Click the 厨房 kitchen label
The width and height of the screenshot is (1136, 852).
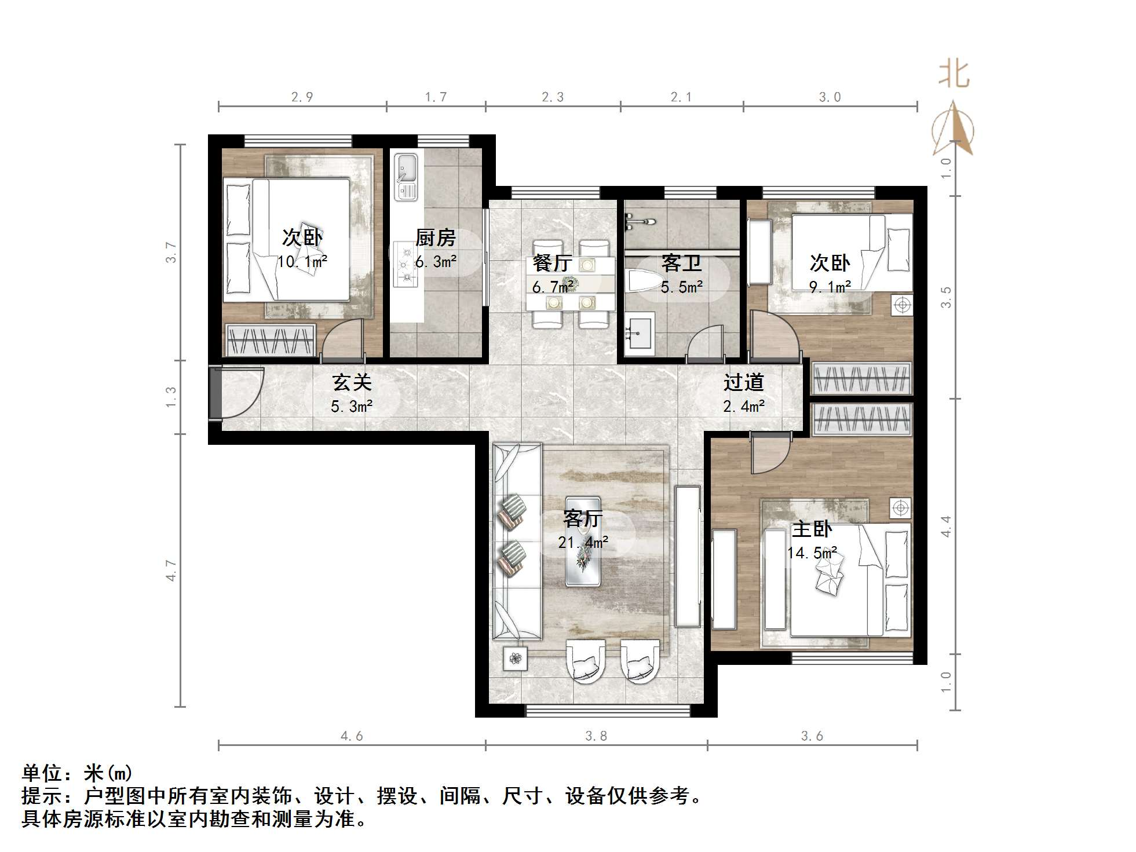(435, 237)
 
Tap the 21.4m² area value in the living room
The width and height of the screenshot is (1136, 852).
(583, 543)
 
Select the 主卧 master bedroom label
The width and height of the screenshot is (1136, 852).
(812, 529)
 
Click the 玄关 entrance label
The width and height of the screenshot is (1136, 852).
(352, 382)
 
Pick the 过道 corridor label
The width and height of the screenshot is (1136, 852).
(743, 382)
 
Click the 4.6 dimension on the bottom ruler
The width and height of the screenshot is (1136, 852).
(352, 736)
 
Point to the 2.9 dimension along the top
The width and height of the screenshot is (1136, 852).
(302, 97)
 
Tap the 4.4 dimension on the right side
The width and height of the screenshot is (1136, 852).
(945, 526)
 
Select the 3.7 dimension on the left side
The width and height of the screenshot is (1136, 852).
(171, 252)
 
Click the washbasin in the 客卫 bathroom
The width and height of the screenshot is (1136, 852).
(640, 333)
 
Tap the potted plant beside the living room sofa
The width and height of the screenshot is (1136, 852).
(515, 658)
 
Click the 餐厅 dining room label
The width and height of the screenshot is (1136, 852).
(551, 264)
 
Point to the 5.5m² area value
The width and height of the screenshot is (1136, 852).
(682, 287)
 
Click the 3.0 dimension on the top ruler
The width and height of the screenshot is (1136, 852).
(830, 97)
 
